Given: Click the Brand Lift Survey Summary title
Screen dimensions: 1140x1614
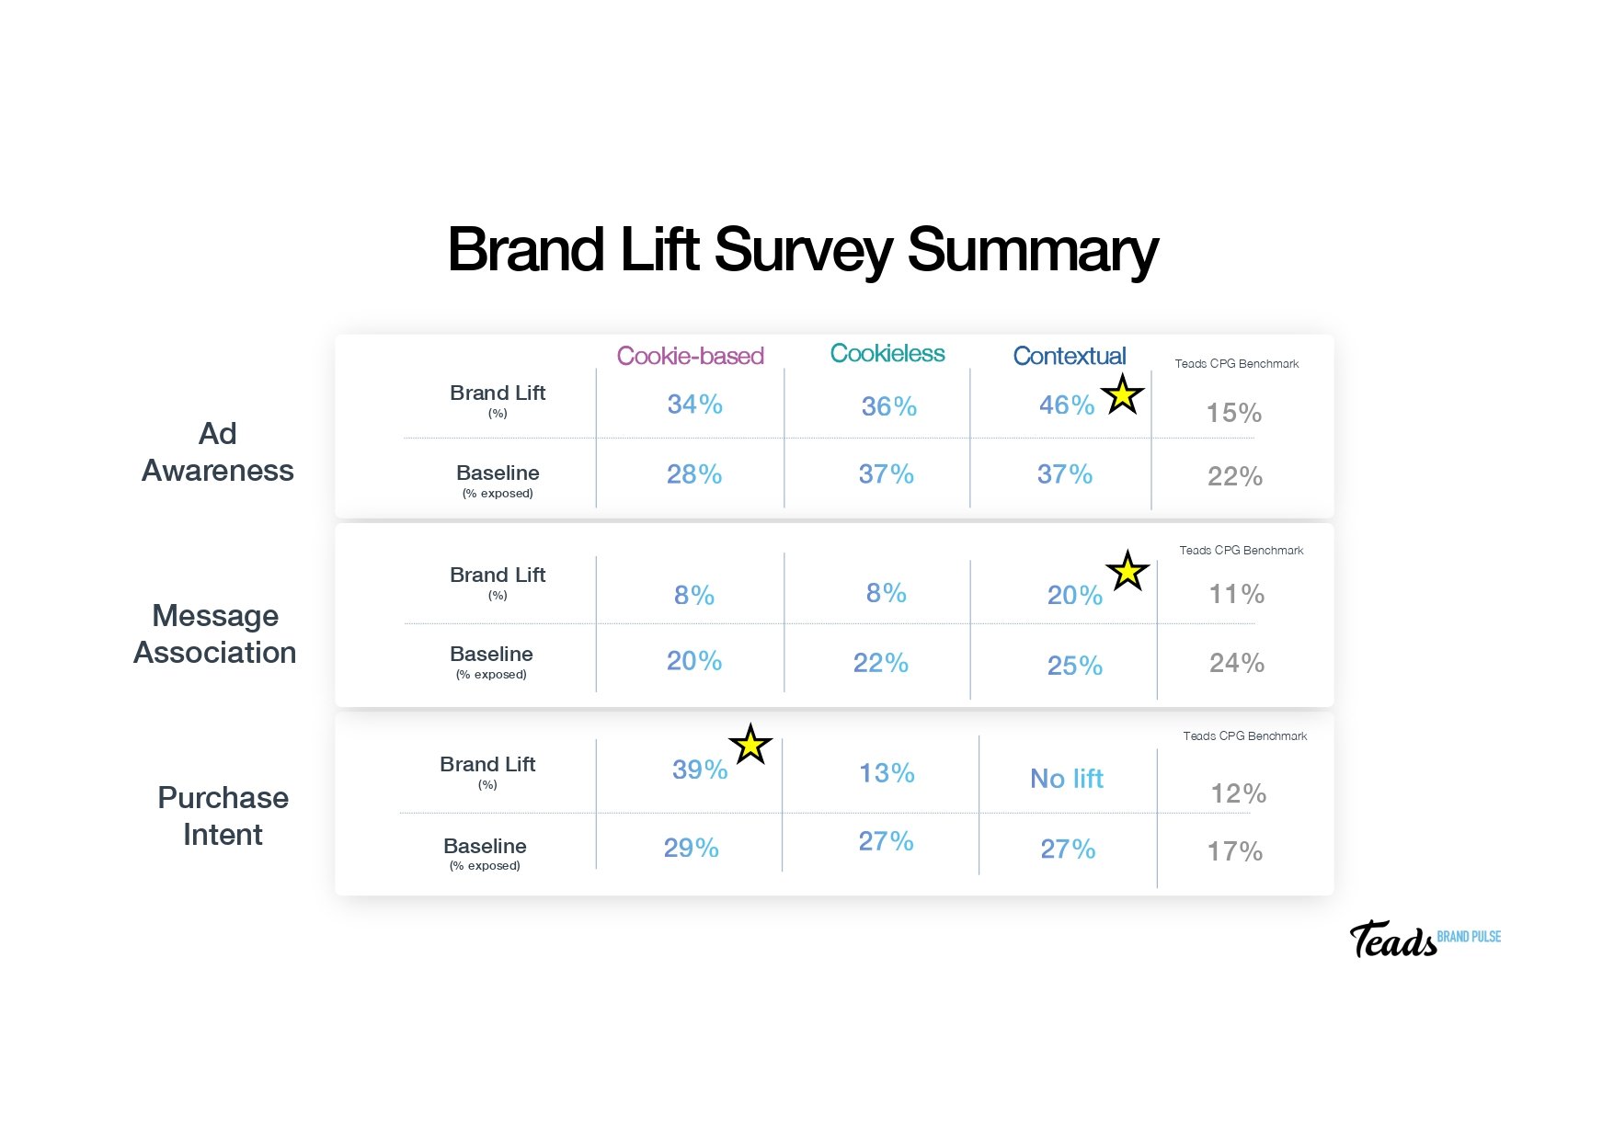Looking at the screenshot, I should coord(802,250).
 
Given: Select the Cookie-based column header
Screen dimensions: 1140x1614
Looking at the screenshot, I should coord(690,356).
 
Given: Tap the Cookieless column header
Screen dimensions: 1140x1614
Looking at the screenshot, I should coord(887,353).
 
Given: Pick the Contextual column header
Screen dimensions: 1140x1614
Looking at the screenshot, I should coord(1069,356).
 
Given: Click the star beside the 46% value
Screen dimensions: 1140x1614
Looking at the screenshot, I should coord(1122,395).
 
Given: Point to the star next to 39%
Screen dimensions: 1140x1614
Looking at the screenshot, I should coord(750,745).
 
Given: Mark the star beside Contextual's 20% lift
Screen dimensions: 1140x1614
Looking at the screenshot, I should coord(1128,572).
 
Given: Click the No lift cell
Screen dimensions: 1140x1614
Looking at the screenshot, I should coord(1066,779).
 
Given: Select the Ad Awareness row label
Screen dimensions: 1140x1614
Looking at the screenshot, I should coord(218,452).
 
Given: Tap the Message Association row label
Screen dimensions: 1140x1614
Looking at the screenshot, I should coord(215,633).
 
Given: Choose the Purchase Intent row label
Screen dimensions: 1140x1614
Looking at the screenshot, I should coord(223,815).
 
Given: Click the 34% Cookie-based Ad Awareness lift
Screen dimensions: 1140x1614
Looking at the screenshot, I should coord(694,405).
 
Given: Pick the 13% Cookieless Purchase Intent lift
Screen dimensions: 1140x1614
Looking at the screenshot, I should coord(887,773).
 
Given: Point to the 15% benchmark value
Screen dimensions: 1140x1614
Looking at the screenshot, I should coord(1233,413).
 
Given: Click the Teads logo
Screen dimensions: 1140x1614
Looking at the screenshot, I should coord(1392,940).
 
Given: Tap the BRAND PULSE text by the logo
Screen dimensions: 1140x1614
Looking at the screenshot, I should coord(1469,937).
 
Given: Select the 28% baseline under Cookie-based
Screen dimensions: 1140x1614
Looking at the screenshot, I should coord(693,474).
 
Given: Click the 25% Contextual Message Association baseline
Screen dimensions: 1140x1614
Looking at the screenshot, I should coord(1074,666).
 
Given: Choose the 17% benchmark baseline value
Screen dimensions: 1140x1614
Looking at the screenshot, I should coord(1234,851).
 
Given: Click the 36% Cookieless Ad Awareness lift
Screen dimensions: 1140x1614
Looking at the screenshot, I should coord(888,406).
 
